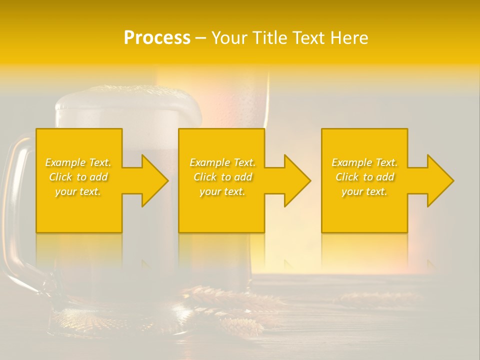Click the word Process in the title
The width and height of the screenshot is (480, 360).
click(x=157, y=38)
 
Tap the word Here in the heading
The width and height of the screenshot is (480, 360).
click(x=348, y=38)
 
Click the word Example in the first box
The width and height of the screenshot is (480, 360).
click(x=65, y=162)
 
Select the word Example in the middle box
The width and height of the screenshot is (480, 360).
click(x=209, y=162)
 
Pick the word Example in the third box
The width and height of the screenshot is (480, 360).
click(x=351, y=162)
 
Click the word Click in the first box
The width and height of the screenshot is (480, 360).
click(x=61, y=177)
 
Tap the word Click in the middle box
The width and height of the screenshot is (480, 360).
click(x=205, y=177)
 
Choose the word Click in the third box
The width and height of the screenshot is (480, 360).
click(x=347, y=177)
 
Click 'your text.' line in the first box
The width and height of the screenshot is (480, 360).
click(x=78, y=191)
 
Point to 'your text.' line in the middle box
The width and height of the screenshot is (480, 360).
click(x=222, y=191)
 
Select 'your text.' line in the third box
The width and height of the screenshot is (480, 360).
click(x=364, y=191)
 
